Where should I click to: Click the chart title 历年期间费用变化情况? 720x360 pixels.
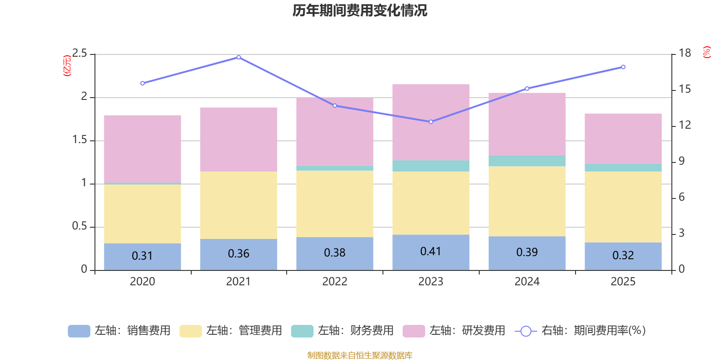point(360,11)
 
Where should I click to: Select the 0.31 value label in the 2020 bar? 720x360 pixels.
point(142,256)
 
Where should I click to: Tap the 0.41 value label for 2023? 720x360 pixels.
point(431,251)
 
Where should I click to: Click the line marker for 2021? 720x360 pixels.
point(238,57)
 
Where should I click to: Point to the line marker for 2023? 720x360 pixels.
point(431,122)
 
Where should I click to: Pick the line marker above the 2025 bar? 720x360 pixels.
point(623,67)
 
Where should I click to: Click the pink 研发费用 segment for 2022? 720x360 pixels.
point(335,131)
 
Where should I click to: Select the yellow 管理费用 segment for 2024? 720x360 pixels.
point(527,201)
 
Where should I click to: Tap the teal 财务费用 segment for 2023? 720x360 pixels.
point(431,166)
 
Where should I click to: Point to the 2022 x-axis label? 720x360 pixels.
point(335,282)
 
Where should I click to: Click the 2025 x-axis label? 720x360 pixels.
point(623,282)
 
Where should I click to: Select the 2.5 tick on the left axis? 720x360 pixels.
point(80,54)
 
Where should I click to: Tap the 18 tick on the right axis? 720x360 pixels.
point(685,53)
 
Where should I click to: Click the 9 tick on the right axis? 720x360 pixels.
point(682,161)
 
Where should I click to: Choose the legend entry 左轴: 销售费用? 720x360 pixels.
point(119,331)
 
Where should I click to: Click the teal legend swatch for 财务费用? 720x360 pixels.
point(302,331)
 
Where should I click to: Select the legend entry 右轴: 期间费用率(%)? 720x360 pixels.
point(580,331)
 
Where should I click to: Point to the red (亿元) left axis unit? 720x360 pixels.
point(67,66)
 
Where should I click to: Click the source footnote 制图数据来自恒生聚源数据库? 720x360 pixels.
point(360,355)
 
